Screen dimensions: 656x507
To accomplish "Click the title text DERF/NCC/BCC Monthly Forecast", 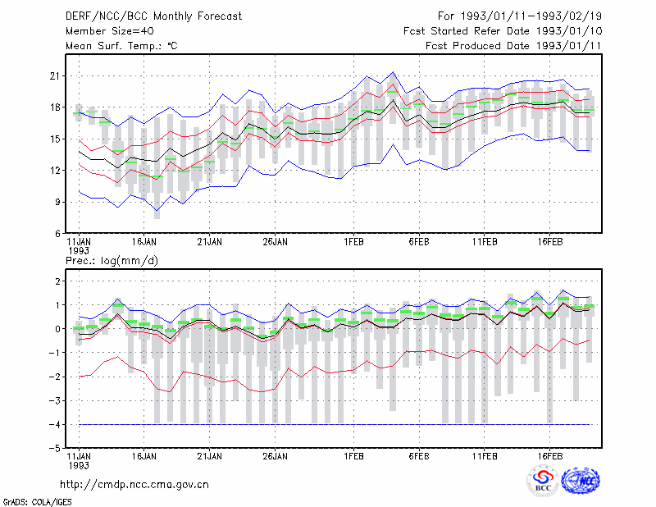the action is point(153,16).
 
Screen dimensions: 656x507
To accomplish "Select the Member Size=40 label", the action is point(110,31).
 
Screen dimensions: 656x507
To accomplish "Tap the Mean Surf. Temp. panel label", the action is point(121,46).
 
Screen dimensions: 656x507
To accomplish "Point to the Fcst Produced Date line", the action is point(513,46).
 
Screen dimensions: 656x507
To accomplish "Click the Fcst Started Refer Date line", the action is point(503,31).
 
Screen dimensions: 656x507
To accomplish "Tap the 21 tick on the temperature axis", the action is point(55,76).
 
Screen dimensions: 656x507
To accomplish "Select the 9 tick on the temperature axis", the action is point(57,202).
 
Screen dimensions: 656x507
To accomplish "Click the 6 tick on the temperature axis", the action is point(57,234).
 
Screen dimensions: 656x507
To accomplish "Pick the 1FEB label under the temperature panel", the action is point(353,242).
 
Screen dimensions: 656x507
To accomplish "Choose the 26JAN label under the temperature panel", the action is point(275,242).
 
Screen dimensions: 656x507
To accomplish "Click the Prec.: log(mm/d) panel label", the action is point(112,261).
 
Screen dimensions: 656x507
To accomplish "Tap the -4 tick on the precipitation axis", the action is point(54,424).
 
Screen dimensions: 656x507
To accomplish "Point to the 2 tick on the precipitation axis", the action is point(57,281).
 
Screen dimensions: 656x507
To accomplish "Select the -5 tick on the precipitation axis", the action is point(54,449).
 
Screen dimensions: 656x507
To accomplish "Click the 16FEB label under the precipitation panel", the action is point(549,456).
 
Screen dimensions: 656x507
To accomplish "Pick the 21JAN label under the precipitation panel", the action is point(210,456).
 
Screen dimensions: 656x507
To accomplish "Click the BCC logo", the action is point(543,481).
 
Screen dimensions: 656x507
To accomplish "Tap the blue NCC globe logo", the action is point(581,481).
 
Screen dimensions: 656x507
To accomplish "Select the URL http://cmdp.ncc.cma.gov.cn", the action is point(134,485).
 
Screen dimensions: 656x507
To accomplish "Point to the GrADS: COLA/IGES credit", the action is point(37,502).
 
